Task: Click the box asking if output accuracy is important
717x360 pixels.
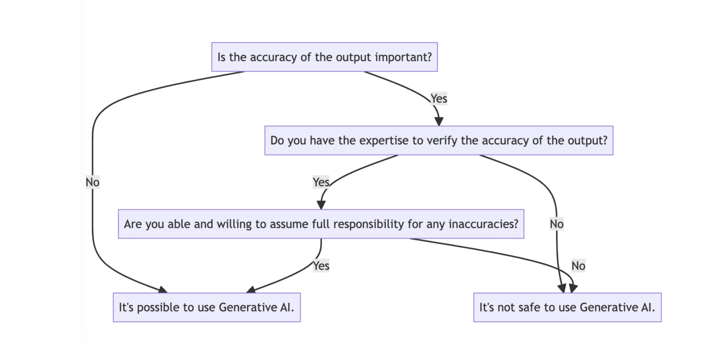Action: [324, 57]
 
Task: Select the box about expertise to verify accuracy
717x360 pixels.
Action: [439, 140]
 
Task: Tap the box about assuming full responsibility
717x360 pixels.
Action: [321, 224]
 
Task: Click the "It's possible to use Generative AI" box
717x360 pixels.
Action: [206, 307]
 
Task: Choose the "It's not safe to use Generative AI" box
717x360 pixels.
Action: [567, 307]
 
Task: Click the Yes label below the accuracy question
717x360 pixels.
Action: [439, 98]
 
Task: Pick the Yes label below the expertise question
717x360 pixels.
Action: [321, 182]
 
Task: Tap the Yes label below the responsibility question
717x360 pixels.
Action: [321, 266]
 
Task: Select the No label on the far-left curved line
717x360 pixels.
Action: [93, 182]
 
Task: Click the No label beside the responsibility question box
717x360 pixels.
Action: [556, 224]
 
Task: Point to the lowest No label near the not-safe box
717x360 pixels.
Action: [578, 266]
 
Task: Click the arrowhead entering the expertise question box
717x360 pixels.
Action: [439, 122]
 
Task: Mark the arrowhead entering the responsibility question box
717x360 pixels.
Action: [321, 205]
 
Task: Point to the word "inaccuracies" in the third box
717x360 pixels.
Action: [483, 224]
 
